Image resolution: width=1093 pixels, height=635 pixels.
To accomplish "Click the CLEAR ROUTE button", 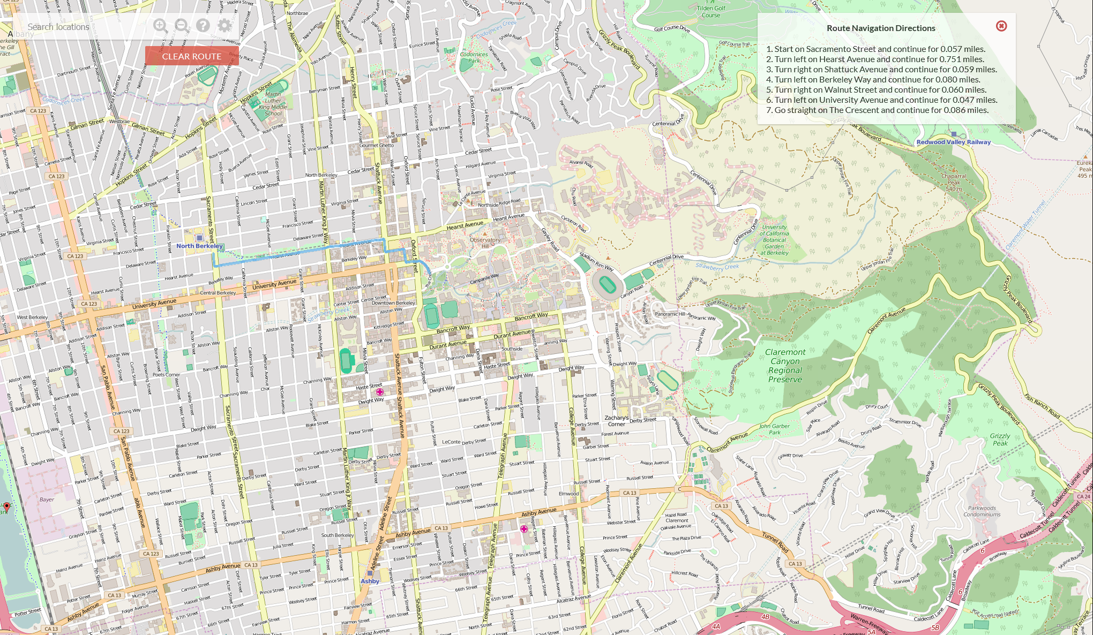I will tap(192, 56).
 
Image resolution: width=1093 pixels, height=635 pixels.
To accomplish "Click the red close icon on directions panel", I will tap(1001, 26).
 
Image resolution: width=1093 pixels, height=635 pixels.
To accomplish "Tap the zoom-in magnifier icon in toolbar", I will tap(160, 25).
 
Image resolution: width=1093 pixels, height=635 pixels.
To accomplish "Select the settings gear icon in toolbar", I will tap(224, 25).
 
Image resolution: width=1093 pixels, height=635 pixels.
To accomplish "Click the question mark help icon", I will tap(203, 25).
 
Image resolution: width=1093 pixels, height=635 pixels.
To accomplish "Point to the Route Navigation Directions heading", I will tap(880, 28).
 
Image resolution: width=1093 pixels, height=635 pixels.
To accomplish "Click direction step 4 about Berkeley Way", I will tap(877, 79).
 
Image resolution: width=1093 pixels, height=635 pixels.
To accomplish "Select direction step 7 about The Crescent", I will tap(877, 110).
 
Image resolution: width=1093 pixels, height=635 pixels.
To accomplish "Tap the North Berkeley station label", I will tap(199, 246).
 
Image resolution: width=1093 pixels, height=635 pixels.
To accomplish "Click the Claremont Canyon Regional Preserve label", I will tap(785, 366).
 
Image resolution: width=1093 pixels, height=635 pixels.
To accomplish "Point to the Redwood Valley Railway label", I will tap(953, 142).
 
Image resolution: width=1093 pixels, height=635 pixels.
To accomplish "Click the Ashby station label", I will tap(370, 581).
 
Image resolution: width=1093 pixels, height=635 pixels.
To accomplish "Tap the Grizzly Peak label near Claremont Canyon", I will tap(1000, 440).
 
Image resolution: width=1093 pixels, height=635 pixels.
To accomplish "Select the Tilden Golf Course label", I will tap(711, 12).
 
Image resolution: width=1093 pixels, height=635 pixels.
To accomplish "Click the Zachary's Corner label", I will tap(616, 421).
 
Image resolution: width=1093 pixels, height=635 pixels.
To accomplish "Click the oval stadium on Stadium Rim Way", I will tap(607, 284).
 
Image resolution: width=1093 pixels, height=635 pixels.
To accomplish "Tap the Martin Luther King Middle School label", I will tap(273, 103).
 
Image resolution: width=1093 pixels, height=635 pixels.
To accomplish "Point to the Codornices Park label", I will tap(474, 57).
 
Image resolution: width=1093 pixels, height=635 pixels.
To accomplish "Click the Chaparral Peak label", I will tap(954, 179).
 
